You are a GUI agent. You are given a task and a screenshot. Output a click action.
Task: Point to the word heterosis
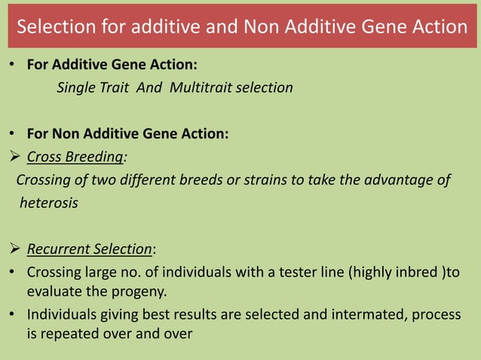coord(48,203)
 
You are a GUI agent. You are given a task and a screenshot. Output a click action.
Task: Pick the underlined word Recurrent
coord(60,249)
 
